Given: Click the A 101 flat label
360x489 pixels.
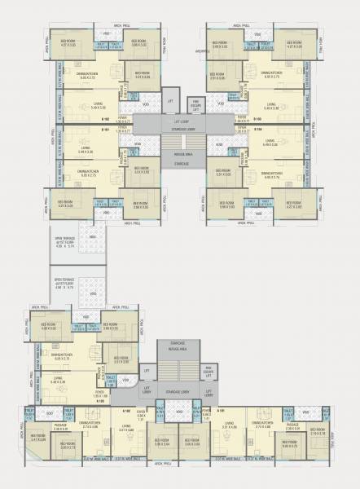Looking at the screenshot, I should pyautogui.click(x=221, y=411).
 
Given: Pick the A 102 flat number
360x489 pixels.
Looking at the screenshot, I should pyautogui.click(x=126, y=411).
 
